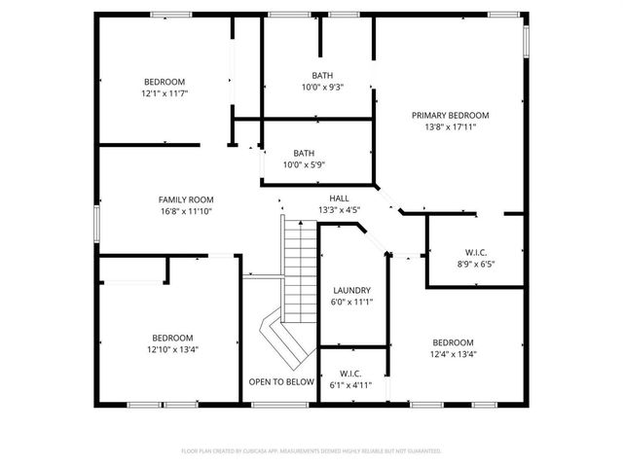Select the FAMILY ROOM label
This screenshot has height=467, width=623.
(186, 198)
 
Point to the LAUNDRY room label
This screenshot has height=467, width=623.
(351, 290)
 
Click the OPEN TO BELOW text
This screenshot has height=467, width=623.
(281, 381)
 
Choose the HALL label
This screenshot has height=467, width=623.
(339, 198)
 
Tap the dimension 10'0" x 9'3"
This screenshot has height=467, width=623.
(321, 88)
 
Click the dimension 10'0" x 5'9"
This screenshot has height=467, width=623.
(305, 164)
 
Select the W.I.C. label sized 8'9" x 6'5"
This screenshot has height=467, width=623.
(476, 252)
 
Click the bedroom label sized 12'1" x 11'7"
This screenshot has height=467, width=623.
(165, 82)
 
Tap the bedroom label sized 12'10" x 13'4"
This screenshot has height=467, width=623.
(170, 337)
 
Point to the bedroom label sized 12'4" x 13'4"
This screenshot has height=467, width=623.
(453, 342)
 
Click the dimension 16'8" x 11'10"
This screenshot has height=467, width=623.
(186, 210)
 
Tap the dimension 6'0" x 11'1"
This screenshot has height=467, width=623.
(351, 302)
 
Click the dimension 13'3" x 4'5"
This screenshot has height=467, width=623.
(339, 209)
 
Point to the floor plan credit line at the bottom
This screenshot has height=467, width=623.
(311, 450)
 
